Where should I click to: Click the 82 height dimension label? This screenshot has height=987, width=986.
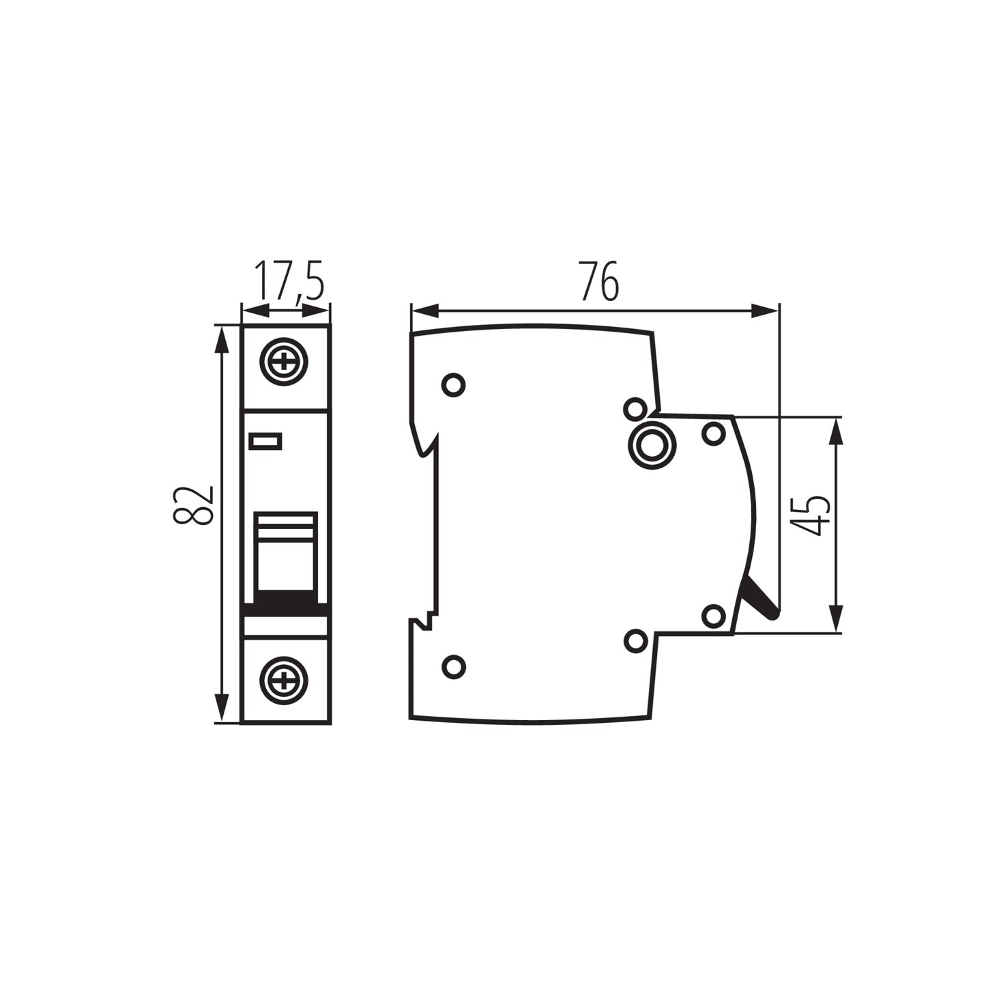point(194,505)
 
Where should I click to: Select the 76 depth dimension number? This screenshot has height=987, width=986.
point(599,281)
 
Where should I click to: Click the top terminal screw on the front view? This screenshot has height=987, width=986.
point(284,362)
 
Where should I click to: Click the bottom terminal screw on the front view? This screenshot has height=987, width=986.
point(284,680)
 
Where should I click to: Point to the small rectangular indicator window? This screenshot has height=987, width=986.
point(265,442)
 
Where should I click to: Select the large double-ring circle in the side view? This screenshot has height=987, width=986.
point(652,445)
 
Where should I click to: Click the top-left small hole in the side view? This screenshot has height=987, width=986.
point(453,385)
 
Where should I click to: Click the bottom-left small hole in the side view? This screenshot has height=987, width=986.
point(453,666)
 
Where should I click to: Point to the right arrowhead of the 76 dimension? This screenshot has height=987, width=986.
point(764,311)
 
